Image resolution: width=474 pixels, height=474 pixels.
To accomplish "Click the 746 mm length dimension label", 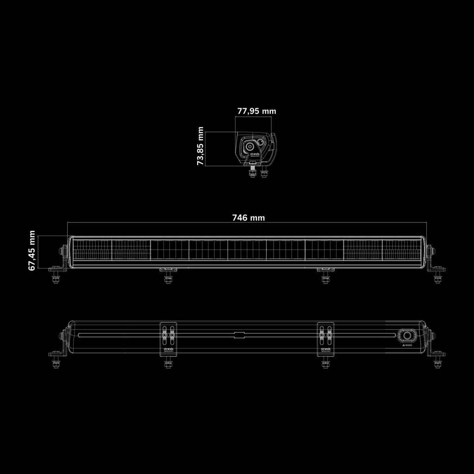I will (x=248, y=218).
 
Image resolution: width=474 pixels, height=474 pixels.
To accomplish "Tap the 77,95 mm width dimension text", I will (x=256, y=111).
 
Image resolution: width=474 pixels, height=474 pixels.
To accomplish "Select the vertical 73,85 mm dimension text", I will (x=200, y=146).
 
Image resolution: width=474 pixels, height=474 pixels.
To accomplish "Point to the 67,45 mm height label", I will (x=32, y=250).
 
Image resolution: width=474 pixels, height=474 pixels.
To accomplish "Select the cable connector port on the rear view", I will (x=407, y=336).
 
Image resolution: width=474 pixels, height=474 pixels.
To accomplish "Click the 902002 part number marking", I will (x=407, y=345).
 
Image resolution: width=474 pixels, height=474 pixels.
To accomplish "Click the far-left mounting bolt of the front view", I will (x=56, y=277).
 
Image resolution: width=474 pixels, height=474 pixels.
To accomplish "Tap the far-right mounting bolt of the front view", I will (x=437, y=277).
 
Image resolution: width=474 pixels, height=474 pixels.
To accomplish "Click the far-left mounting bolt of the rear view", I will (x=56, y=362).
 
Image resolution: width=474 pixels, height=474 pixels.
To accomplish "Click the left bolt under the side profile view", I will (x=253, y=173).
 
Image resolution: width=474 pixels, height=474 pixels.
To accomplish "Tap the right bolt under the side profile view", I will (x=264, y=173).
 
